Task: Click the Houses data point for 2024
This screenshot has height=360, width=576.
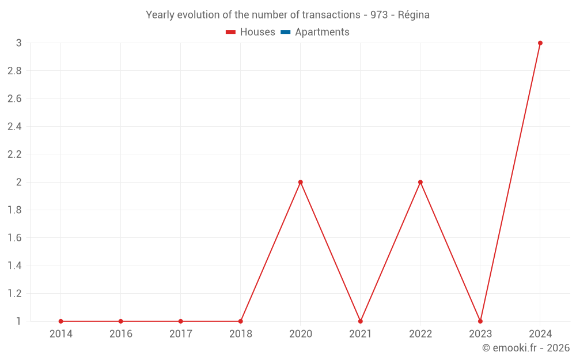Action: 540,43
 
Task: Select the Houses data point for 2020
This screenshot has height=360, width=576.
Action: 301,182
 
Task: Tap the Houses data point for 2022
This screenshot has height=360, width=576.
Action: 420,182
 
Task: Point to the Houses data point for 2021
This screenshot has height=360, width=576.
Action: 361,321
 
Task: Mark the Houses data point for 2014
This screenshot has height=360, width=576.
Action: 61,321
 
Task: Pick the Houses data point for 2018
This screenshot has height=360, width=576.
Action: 241,321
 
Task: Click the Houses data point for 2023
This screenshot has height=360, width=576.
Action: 480,321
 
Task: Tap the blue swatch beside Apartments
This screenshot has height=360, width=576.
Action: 285,32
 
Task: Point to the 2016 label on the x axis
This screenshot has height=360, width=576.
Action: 121,334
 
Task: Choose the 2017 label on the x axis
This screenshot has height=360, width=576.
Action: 181,334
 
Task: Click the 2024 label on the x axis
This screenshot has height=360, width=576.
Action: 540,334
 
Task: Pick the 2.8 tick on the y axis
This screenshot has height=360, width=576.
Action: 14,71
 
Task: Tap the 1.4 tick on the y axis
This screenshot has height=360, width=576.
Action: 14,266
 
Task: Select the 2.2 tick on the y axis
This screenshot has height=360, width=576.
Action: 14,154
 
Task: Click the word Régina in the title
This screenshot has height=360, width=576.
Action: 414,15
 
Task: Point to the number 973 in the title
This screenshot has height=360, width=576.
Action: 379,15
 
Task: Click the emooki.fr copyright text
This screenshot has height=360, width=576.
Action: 526,348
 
